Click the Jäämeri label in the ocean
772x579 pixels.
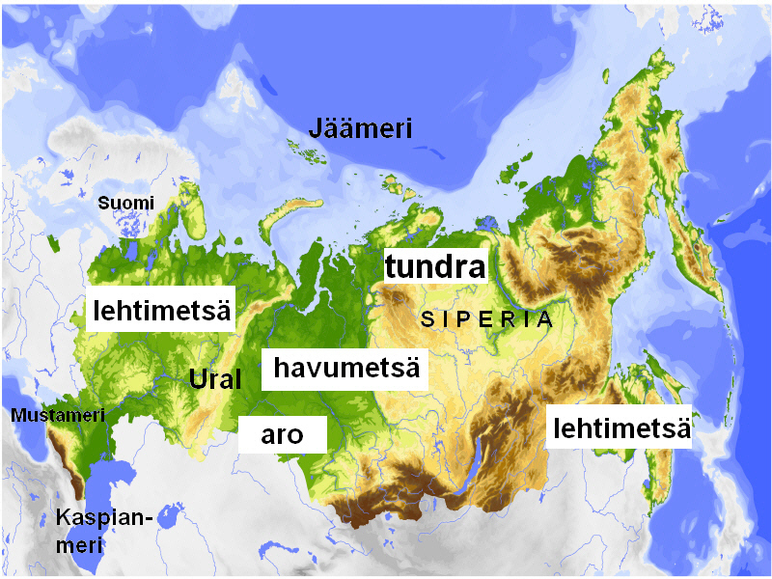coord(360,128)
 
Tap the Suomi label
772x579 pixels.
coord(125,203)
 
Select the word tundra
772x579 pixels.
coord(434,266)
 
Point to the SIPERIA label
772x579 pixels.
coord(487,319)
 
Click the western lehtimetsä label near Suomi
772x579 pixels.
coord(161,309)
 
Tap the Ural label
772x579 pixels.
coord(214,378)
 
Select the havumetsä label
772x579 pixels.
coord(345,368)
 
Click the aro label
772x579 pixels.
coord(282,434)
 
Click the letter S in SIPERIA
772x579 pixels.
coord(427,320)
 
